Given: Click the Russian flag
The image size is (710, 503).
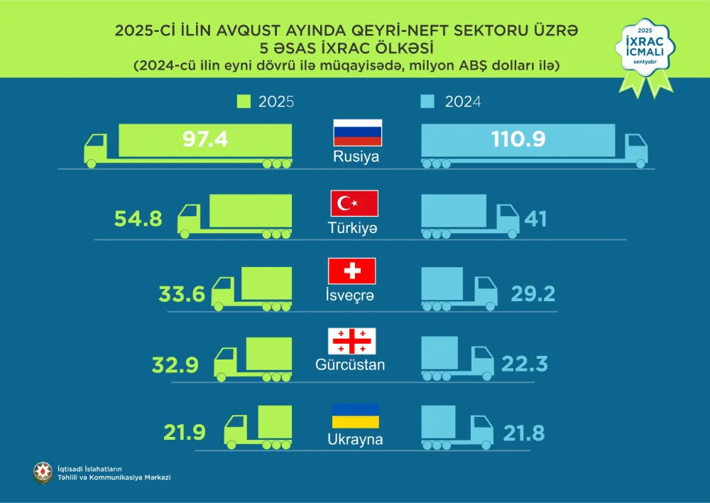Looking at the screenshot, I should pyautogui.click(x=358, y=133).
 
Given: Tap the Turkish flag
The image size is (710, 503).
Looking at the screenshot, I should pyautogui.click(x=354, y=204).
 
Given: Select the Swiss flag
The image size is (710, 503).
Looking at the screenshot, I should pyautogui.click(x=351, y=271).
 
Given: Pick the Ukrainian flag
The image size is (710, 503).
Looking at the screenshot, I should pyautogui.click(x=355, y=416).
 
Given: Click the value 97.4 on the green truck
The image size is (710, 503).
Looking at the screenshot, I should pyautogui.click(x=205, y=139).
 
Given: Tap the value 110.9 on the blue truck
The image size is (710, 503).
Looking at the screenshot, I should pyautogui.click(x=518, y=139).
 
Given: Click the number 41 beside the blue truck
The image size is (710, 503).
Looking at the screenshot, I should pyautogui.click(x=535, y=218).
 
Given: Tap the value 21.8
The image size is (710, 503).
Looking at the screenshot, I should pyautogui.click(x=524, y=432).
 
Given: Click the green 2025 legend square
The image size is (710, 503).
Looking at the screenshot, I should pyautogui.click(x=244, y=102).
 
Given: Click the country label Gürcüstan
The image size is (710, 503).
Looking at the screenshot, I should pyautogui.click(x=350, y=366).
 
